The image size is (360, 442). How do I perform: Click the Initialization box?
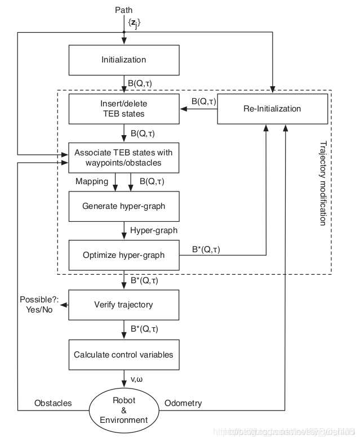click(123, 60)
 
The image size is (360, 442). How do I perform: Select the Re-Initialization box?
click(273, 109)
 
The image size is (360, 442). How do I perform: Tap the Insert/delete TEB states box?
click(123, 109)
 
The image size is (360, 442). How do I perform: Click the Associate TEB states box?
click(123, 158)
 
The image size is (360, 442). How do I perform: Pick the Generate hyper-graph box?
click(123, 206)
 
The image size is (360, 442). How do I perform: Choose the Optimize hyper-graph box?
click(123, 255)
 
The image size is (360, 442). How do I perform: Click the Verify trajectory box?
click(123, 305)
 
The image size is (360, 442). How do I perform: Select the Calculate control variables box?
click(123, 355)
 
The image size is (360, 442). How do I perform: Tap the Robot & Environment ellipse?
click(123, 410)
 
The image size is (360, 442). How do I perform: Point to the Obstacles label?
click(53, 403)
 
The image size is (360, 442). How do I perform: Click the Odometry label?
click(183, 403)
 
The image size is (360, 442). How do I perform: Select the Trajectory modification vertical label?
click(322, 183)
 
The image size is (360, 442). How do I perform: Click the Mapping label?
click(92, 182)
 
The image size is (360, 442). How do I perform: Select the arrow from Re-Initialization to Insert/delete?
click(198, 109)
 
